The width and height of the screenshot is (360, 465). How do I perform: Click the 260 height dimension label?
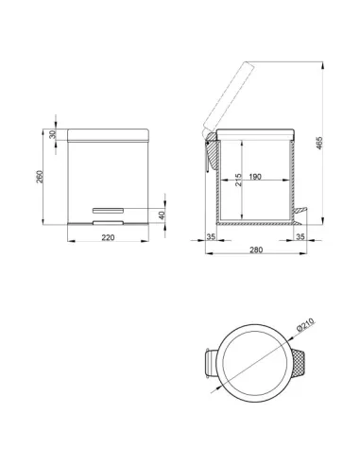tap(39, 177)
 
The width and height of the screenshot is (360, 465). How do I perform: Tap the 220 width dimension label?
tap(108, 237)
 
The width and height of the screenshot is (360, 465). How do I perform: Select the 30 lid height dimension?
tap(53, 134)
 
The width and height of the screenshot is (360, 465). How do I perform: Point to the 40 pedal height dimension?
tap(162, 215)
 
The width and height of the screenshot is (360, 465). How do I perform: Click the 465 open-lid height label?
tap(319, 143)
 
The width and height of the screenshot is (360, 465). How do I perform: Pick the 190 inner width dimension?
tap(255, 177)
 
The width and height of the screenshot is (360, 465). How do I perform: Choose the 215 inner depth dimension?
tap(238, 180)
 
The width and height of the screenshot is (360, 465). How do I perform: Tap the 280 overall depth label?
tap(256, 250)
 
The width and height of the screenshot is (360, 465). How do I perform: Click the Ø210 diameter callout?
tap(305, 324)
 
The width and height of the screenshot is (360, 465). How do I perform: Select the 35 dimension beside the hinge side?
tap(211, 236)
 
